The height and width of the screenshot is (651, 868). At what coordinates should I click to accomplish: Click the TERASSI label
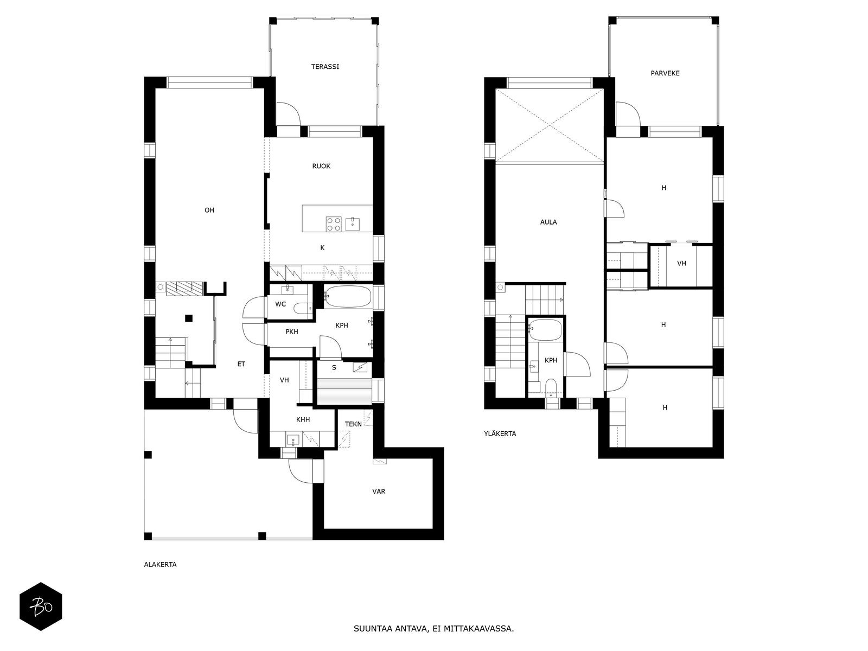pos(324,67)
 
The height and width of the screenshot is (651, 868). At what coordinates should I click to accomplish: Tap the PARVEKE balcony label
pos(665,73)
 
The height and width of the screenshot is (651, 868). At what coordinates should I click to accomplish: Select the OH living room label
pos(209,210)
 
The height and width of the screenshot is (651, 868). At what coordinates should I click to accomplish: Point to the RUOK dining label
pos(321,167)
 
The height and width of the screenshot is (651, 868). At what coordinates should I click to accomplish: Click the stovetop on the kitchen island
pos(333,224)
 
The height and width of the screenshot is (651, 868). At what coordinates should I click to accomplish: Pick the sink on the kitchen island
pos(352,224)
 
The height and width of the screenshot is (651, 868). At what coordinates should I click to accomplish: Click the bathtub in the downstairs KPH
pos(348,296)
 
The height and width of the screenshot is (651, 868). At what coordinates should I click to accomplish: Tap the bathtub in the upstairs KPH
pos(545,330)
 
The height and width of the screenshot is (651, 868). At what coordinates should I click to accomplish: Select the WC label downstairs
pos(280,304)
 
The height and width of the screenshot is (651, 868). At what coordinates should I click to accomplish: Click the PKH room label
pos(292,332)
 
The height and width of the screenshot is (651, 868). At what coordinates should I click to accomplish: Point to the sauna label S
pos(334,368)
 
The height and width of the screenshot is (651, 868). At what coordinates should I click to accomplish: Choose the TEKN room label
pos(353,424)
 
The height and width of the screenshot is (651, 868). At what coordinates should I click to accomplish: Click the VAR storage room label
pos(379,492)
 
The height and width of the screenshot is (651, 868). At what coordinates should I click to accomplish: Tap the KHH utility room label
pos(303,420)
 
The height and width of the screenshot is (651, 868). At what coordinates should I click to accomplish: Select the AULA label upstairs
pos(548,222)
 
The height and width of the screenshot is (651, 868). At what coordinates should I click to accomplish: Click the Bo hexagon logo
pos(41,607)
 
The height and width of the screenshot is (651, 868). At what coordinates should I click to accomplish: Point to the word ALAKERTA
pos(160,565)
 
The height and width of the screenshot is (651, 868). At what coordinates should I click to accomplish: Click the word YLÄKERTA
pos(500,433)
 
